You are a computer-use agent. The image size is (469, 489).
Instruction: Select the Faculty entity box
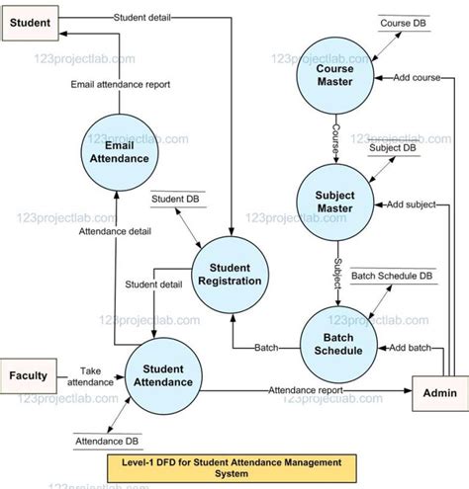[29, 375]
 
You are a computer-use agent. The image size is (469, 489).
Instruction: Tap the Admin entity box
[438, 393]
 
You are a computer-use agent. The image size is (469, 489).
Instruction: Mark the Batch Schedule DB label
[392, 276]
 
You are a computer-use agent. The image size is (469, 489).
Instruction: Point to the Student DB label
[172, 199]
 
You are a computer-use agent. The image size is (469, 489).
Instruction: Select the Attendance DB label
[104, 438]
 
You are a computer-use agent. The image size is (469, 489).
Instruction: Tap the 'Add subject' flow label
[410, 204]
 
